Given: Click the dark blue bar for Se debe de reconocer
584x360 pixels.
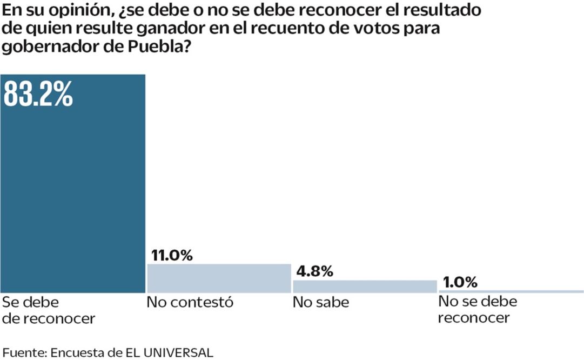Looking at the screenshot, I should pyautogui.click(x=73, y=195).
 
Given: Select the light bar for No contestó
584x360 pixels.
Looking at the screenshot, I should pyautogui.click(x=219, y=278).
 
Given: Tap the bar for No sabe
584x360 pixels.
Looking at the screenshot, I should pyautogui.click(x=365, y=286).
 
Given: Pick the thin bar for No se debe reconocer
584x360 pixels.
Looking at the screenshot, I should pyautogui.click(x=511, y=292).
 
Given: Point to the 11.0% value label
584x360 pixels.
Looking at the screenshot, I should pyautogui.click(x=170, y=255).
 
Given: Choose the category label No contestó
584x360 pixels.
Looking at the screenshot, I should pyautogui.click(x=190, y=302).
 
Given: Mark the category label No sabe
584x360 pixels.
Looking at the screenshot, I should pyautogui.click(x=321, y=302).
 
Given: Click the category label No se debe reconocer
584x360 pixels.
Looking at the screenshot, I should pyautogui.click(x=477, y=310).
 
